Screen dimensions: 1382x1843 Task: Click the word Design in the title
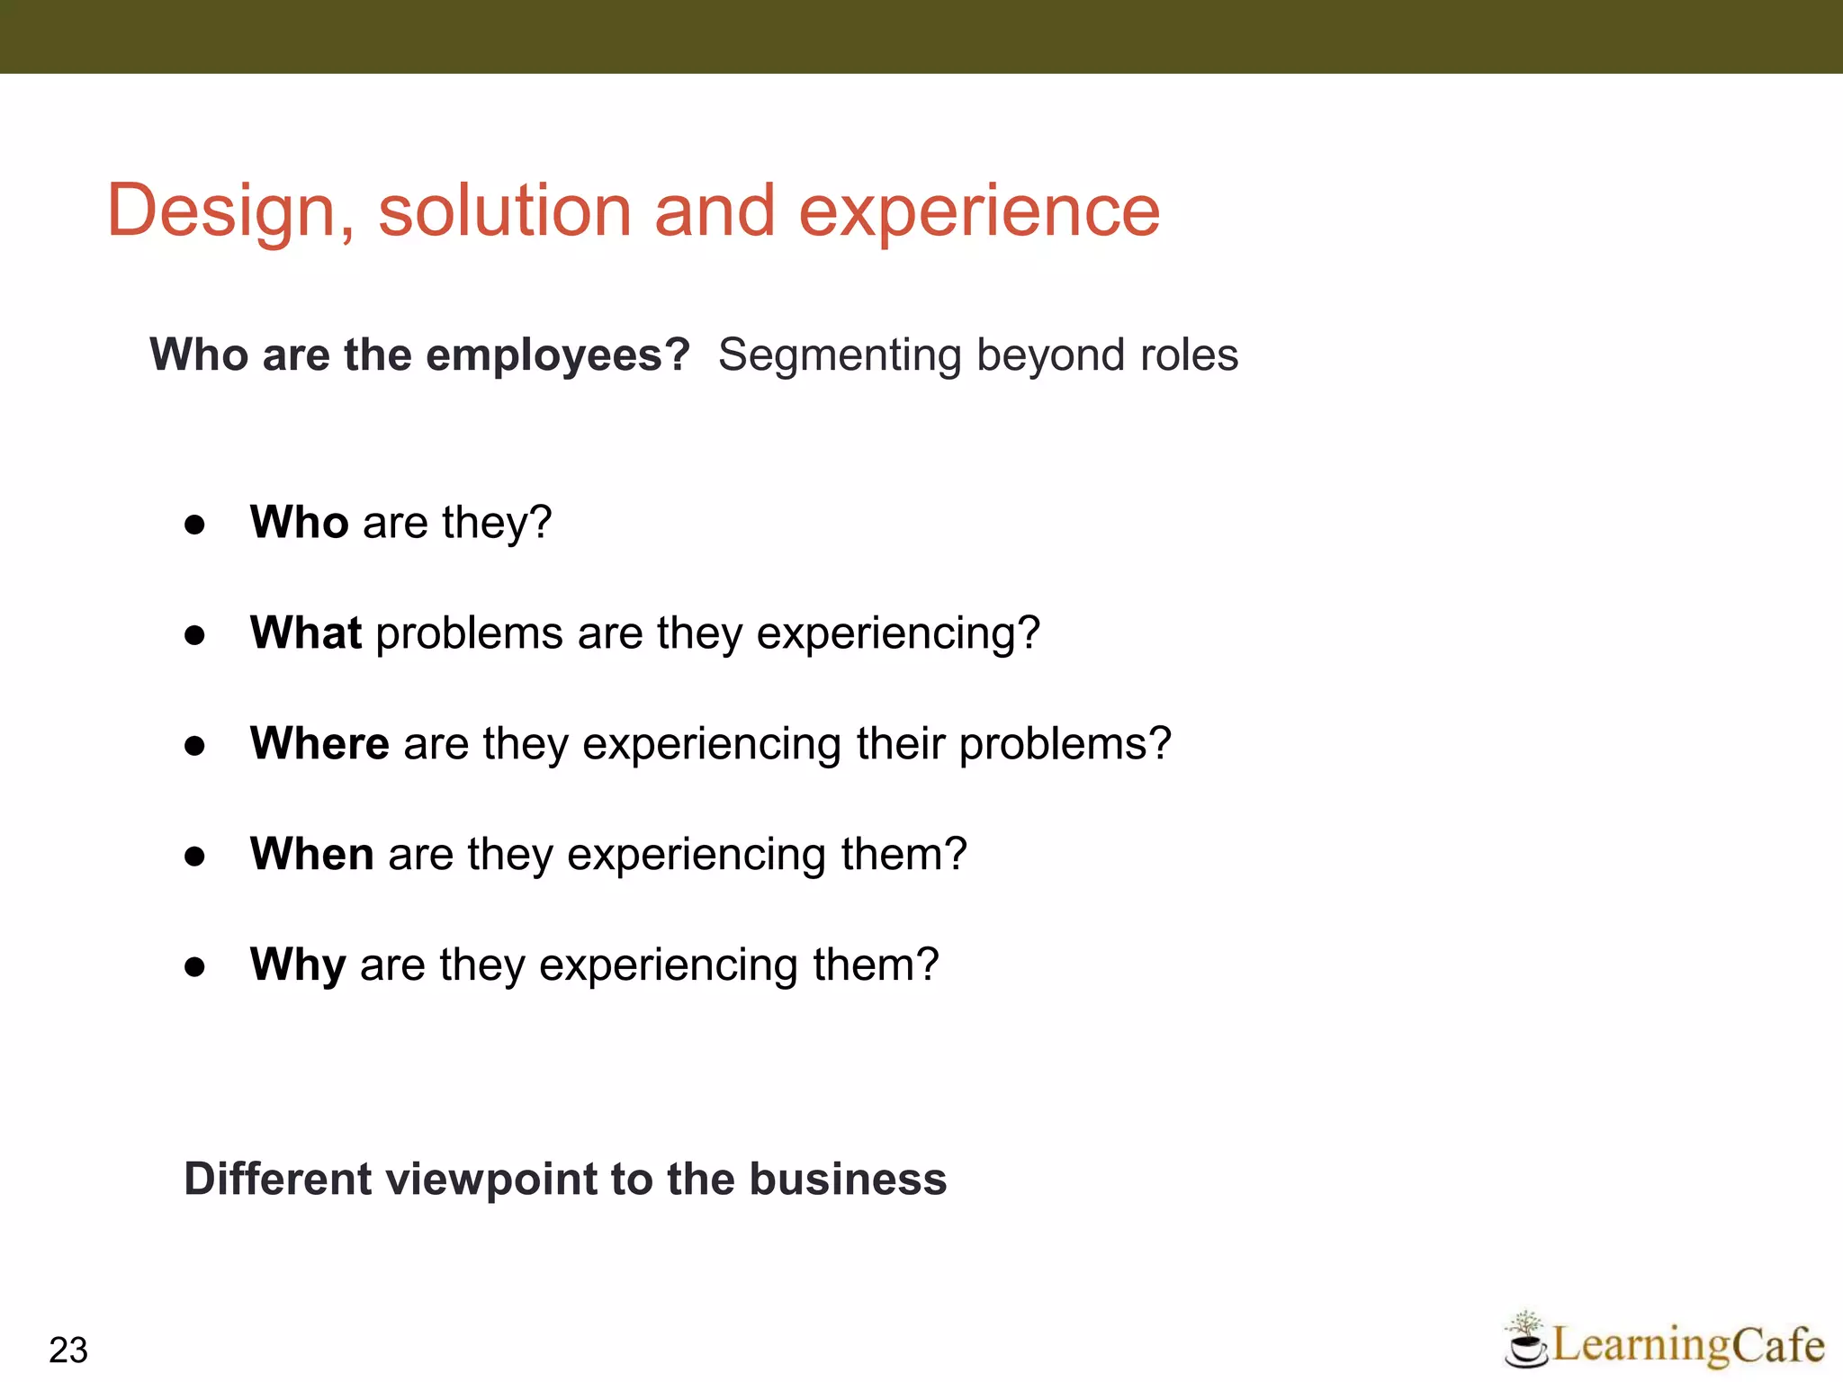pyautogui.click(x=230, y=211)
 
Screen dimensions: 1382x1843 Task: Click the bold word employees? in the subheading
pyautogui.click(x=557, y=355)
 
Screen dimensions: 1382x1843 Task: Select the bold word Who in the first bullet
pyautogui.click(x=299, y=522)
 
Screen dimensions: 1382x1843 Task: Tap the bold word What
pyautogui.click(x=306, y=633)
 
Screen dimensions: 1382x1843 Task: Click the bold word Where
pyautogui.click(x=319, y=743)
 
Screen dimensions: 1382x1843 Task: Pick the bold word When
pyautogui.click(x=311, y=854)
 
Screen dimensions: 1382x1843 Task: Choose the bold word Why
pyautogui.click(x=297, y=965)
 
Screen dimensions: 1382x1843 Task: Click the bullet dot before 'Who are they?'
pyautogui.click(x=194, y=525)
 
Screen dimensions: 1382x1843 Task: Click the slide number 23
pyautogui.click(x=68, y=1350)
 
